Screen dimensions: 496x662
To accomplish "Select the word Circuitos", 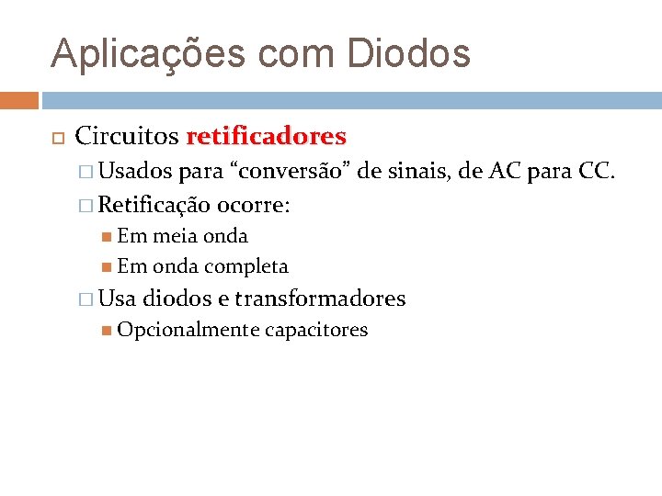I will click(126, 138).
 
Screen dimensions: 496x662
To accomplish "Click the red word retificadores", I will click(266, 138).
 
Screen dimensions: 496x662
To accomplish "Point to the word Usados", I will click(136, 171).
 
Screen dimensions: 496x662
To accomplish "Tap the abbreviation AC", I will click(505, 171).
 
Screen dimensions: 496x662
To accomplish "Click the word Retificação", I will click(154, 204).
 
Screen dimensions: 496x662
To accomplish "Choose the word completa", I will click(246, 267).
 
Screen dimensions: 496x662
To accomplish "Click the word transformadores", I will click(320, 299).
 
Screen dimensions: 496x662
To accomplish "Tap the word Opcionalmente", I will click(188, 331).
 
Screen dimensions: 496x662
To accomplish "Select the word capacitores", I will click(316, 331).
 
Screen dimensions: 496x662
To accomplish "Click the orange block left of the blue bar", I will click(19, 100).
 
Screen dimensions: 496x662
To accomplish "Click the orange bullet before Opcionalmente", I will click(108, 331).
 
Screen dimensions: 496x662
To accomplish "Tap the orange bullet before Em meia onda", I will click(108, 236).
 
